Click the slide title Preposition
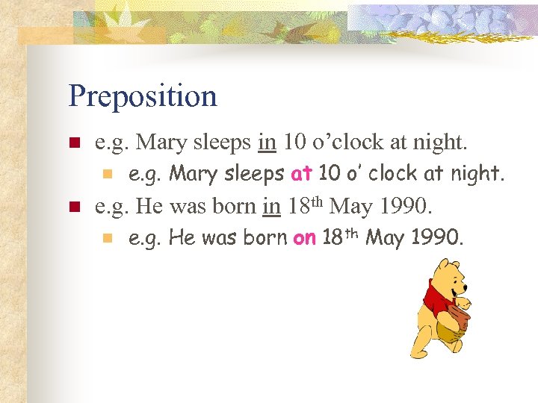pyautogui.click(x=142, y=96)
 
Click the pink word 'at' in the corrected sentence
pyautogui.click(x=301, y=174)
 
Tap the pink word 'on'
pyautogui.click(x=305, y=239)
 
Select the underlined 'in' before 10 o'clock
pyautogui.click(x=268, y=141)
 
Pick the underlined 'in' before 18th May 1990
pyautogui.click(x=272, y=205)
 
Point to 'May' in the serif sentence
pyautogui.click(x=353, y=205)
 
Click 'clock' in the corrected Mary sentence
pyautogui.click(x=393, y=174)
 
